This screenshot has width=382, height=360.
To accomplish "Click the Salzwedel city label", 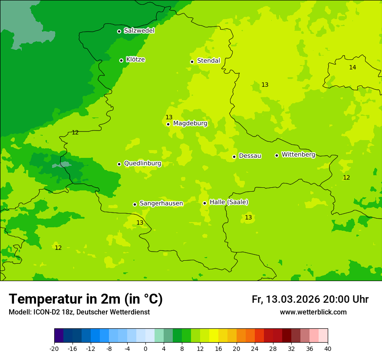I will coord(139,31).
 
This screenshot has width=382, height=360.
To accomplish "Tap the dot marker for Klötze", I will coord(122,60).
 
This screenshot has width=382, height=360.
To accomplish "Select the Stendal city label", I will coord(208,61).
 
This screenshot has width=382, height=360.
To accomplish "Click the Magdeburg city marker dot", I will coord(168,124).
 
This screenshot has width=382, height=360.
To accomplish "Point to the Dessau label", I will coord(250,156).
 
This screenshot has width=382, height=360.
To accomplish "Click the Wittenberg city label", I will coord(298,154).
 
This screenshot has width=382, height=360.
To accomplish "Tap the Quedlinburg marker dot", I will coord(119,164).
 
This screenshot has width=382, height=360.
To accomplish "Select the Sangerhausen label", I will coord(161,203).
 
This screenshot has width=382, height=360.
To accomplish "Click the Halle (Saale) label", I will coord(229,202).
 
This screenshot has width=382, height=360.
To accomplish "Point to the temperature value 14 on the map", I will coord(352,67).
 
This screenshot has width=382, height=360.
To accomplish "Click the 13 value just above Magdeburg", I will coord(169,117).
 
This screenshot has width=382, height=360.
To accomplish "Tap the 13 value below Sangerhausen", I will coord(140,223).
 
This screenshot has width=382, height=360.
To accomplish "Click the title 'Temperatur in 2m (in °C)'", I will coord(86,299).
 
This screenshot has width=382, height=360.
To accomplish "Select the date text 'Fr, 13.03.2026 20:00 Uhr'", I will coord(310,299).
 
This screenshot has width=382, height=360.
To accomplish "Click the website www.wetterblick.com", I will coord(313,312).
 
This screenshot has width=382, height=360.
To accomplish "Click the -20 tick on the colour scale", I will coord(54,349).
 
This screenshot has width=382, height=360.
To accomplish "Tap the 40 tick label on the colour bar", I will coord(328,349).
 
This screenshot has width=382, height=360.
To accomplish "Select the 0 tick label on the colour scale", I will coord(145,349).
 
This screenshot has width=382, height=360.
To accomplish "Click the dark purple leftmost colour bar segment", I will coord(59,336).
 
